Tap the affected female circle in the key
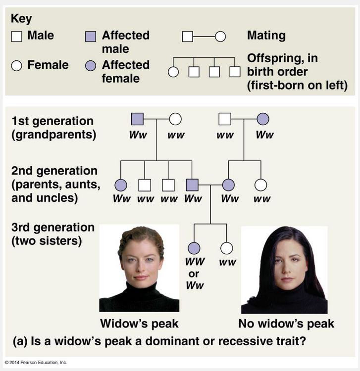pos(90,66)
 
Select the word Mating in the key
pos(266,36)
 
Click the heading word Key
pos(21,19)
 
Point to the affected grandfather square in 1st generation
pos(137,119)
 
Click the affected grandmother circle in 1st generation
pos(263,119)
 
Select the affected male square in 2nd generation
pos(192,185)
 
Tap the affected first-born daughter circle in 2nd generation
pos(120,185)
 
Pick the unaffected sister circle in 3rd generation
pos(226,248)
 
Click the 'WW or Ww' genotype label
pos(195,273)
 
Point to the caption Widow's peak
pos(139,324)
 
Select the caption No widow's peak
pos(286,324)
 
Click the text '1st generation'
pos(52,121)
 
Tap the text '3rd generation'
pos(52,228)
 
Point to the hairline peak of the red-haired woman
pos(141,241)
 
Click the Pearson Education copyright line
pos(36,363)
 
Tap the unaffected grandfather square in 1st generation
pos(225,119)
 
